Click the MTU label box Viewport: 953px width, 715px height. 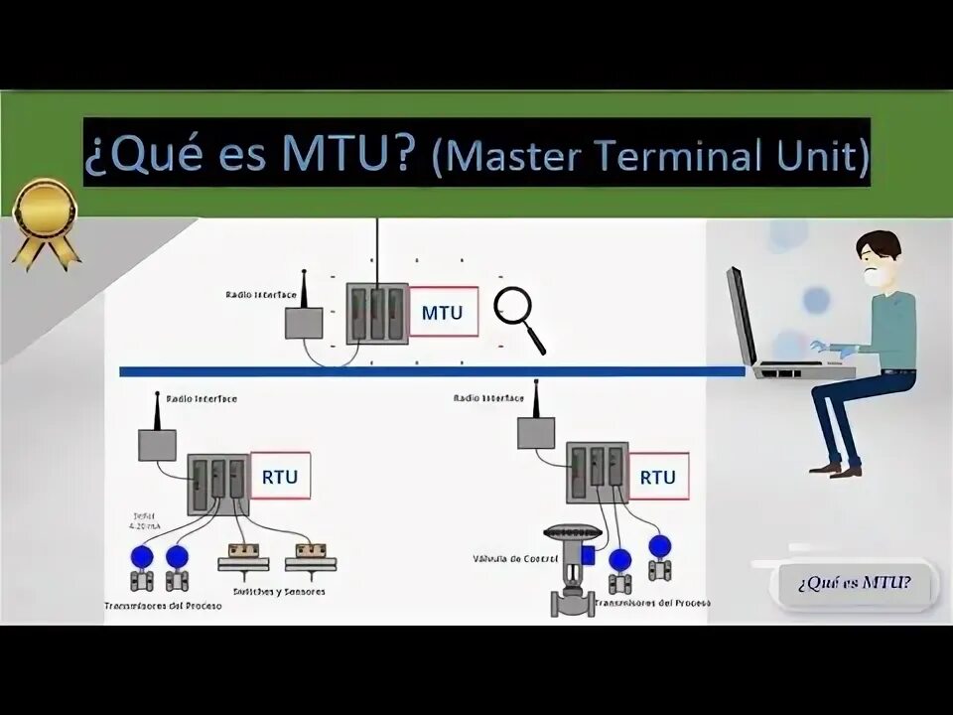pyautogui.click(x=443, y=313)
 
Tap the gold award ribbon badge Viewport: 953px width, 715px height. pyautogui.click(x=46, y=219)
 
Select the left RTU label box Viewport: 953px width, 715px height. pyautogui.click(x=279, y=478)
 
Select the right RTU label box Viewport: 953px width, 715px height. pyautogui.click(x=657, y=478)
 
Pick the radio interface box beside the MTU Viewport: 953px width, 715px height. pyautogui.click(x=304, y=323)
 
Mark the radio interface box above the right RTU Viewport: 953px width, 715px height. pyautogui.click(x=536, y=432)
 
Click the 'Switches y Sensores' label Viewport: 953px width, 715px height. pyautogui.click(x=279, y=592)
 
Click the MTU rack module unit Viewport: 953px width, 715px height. pyautogui.click(x=377, y=314)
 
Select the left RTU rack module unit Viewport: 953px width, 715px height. pyautogui.click(x=217, y=484)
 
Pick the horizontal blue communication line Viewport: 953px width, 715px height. pyautogui.click(x=432, y=371)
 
